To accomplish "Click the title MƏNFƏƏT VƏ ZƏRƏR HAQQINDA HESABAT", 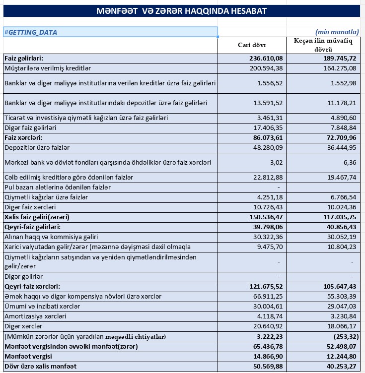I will tap(182, 10).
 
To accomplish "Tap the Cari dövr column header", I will tap(252, 45).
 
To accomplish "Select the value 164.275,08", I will tap(338, 67).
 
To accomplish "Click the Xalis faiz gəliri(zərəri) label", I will tap(37, 217).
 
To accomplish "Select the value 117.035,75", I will tap(336, 217).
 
